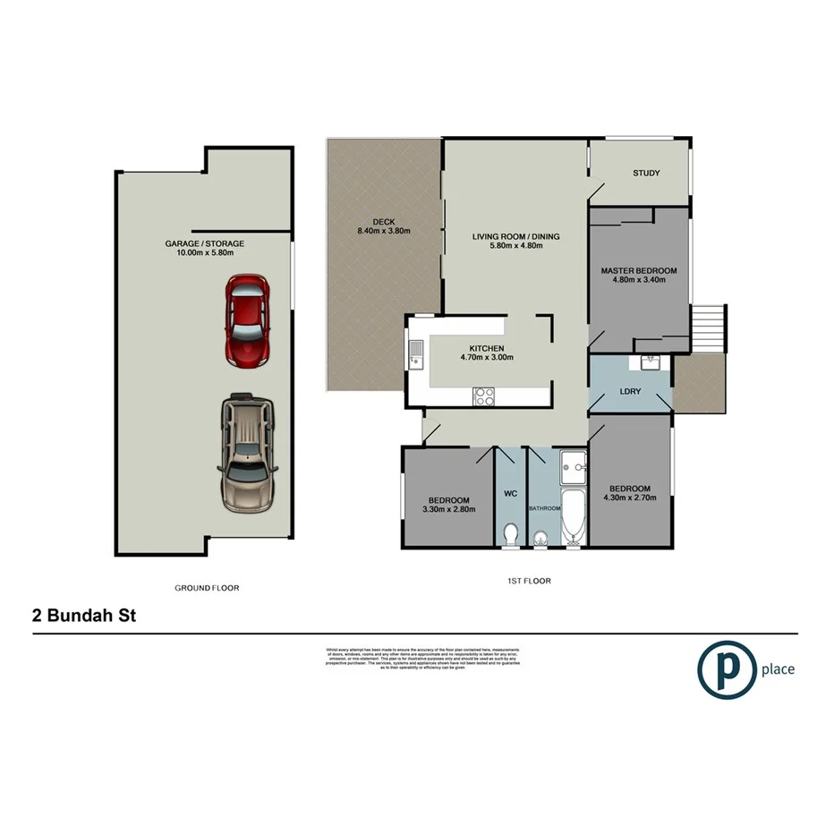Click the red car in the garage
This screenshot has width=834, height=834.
point(248,320)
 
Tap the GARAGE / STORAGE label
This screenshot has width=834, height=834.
point(204,243)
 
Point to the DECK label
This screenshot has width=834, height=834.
point(384,222)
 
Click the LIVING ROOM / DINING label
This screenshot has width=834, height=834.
point(515,237)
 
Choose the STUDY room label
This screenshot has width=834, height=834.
point(646,173)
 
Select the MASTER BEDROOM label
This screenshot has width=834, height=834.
point(638,270)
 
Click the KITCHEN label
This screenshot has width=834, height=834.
point(487,349)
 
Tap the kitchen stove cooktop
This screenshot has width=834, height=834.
point(483,396)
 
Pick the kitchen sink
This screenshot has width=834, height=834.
point(416,353)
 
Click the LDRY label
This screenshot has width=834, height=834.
point(628,392)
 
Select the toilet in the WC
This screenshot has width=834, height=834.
point(510,533)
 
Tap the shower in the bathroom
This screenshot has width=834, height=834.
point(572,464)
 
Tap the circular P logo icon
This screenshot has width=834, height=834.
point(725,668)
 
